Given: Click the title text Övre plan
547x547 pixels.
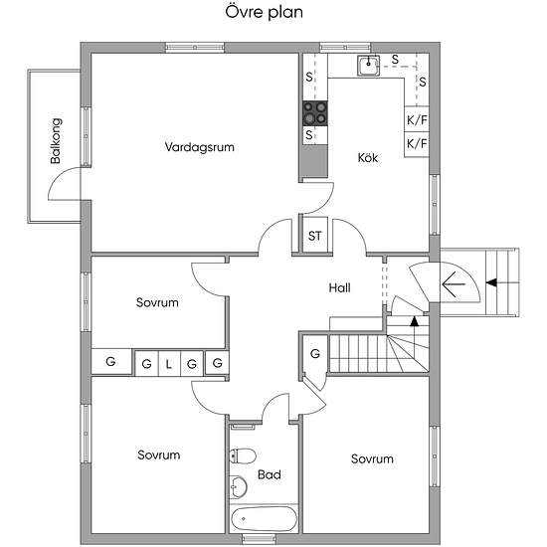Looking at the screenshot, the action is click(x=264, y=13).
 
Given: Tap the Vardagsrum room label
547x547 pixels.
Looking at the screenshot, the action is click(x=199, y=147).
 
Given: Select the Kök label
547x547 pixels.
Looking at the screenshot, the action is click(x=368, y=157).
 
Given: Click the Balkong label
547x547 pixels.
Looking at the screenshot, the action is click(x=56, y=141).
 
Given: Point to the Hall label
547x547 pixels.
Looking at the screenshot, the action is click(x=339, y=287).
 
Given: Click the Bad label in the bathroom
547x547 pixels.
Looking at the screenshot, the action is click(x=269, y=474).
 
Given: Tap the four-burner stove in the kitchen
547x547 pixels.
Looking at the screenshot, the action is click(x=315, y=113).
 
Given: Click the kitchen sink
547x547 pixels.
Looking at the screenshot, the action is click(x=368, y=66).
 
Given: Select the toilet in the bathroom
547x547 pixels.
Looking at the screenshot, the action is click(x=243, y=456).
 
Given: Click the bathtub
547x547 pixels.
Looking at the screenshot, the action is click(x=264, y=519).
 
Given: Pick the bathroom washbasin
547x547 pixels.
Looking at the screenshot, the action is click(x=238, y=486).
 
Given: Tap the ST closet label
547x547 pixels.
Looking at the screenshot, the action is click(x=314, y=236).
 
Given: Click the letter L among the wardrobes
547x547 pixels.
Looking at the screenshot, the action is click(x=169, y=365).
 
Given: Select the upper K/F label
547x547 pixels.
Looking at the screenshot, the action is click(x=417, y=120).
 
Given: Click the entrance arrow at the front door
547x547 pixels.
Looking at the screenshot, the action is click(x=454, y=284).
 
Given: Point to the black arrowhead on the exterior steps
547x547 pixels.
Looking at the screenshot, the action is click(x=491, y=282).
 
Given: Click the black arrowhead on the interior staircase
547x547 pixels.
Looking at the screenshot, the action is click(x=414, y=321).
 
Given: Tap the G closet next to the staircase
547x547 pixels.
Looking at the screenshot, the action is click(x=315, y=354).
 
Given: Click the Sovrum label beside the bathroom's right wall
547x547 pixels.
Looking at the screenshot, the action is click(x=372, y=458).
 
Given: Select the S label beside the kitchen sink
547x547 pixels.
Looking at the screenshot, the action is click(x=395, y=60).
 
